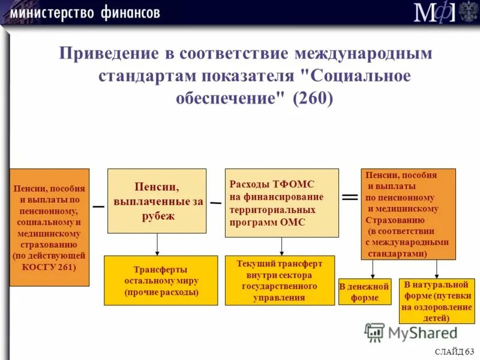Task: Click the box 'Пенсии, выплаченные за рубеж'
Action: tap(157, 201)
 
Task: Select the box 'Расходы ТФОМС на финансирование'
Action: tap(281, 203)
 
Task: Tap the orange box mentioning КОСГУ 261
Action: tap(49, 227)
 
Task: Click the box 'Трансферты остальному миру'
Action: tap(161, 280)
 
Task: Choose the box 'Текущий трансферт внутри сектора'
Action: tap(280, 280)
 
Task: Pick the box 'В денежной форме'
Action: tap(364, 292)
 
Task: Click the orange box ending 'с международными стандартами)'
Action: tap(408, 214)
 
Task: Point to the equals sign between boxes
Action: tap(350, 197)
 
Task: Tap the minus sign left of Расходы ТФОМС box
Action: tap(215, 203)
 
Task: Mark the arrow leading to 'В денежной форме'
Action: tap(373, 269)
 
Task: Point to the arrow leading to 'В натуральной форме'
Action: tap(436, 269)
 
